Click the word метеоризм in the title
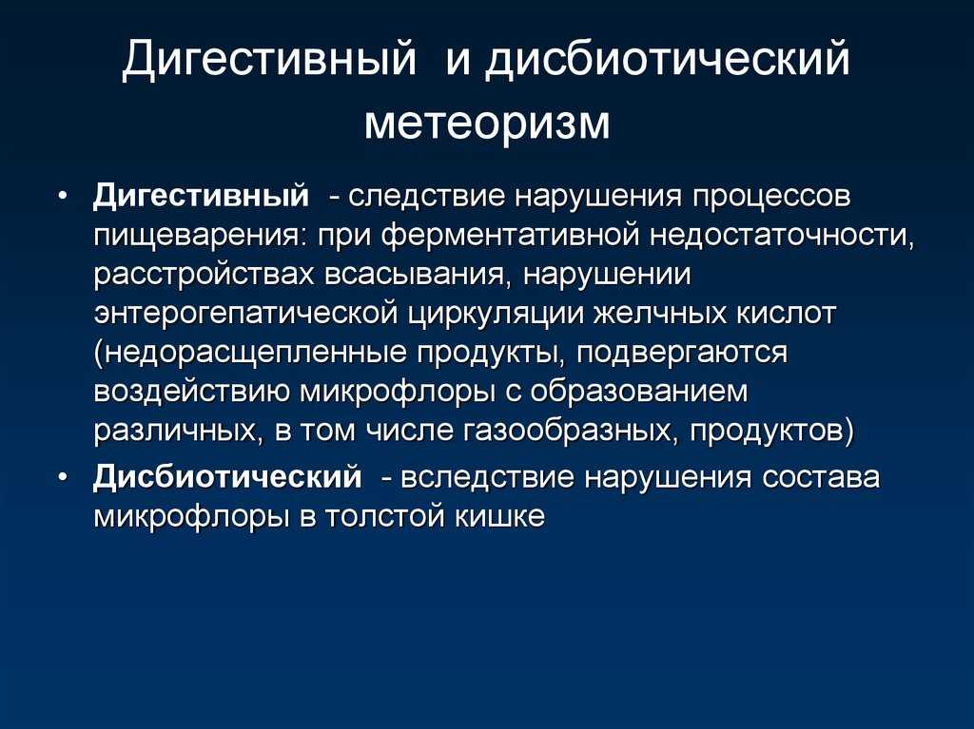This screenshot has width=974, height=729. (486, 123)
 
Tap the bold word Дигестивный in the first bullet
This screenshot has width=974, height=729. (201, 196)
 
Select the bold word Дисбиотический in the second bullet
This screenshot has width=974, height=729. (227, 477)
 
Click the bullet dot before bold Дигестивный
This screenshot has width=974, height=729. (62, 196)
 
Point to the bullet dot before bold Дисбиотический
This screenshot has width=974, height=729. (62, 477)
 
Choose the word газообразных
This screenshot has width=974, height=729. (571, 431)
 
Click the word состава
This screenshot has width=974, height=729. (821, 478)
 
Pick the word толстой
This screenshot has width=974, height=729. (384, 517)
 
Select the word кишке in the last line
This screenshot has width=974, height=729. (500, 517)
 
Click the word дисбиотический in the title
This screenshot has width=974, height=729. (667, 60)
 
